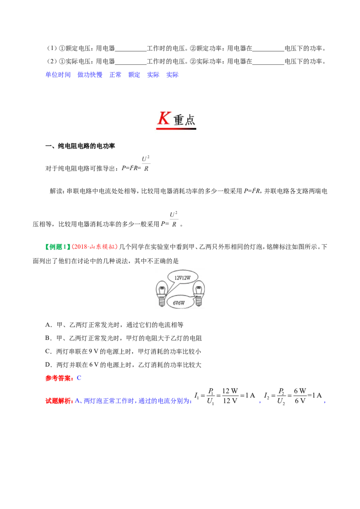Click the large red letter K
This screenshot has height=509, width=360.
tap(164, 118)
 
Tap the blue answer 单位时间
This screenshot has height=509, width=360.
tap(58, 75)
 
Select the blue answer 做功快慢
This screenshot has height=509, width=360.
tap(90, 75)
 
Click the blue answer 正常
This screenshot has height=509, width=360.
tap(115, 75)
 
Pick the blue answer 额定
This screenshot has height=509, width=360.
tap(134, 75)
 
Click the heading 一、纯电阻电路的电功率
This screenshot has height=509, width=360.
tap(80, 146)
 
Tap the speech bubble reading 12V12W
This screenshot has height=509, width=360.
tap(182, 278)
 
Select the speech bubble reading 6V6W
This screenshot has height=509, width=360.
tap(179, 303)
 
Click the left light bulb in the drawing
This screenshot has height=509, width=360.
tap(162, 294)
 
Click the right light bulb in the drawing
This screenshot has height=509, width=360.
tap(198, 294)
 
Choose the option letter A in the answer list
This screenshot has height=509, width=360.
tap(48, 325)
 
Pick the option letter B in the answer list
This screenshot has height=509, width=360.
tap(48, 338)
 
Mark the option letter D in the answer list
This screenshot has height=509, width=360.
tap(48, 365)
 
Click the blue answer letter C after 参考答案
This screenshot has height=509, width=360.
tap(79, 378)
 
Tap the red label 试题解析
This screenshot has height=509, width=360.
tap(59, 401)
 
